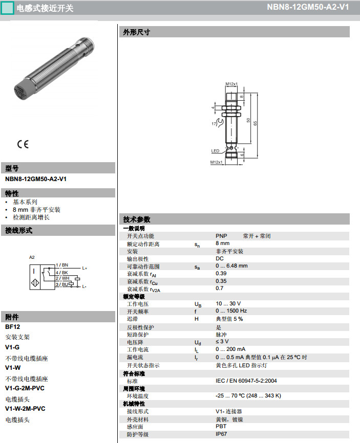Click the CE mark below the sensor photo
coord(23,144)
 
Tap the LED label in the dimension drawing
coord(215,151)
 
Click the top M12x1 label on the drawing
coord(231,84)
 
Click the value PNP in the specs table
coord(221,236)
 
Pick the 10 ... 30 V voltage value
coord(228,304)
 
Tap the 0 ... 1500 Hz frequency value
coord(231,311)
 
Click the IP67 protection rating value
coord(222,434)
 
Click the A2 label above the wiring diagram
coord(32,257)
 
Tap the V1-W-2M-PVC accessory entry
coord(25,409)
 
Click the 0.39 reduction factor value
coord(221,274)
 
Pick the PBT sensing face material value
coord(221,427)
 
